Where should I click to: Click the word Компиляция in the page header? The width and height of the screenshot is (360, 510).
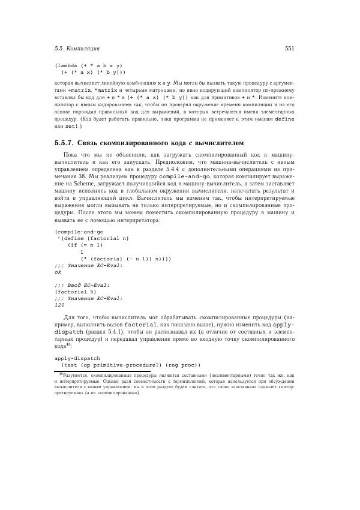coord(83,48)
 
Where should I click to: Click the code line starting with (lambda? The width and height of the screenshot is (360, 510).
coord(89,65)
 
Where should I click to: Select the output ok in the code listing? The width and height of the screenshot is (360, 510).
coord(58,271)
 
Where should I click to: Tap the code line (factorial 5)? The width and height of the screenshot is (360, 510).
coord(75,291)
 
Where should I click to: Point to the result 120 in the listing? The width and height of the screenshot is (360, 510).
coord(59,305)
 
